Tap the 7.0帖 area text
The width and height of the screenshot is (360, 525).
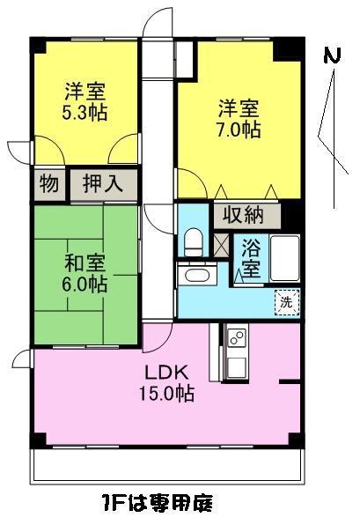239,130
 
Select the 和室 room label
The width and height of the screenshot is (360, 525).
85,263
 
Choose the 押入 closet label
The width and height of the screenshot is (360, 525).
103,184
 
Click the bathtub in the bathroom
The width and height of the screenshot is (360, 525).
283,255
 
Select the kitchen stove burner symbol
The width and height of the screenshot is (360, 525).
236,336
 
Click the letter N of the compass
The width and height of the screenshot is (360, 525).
332,55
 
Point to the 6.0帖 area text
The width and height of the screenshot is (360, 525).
85,285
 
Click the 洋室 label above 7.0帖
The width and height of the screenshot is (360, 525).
239,109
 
